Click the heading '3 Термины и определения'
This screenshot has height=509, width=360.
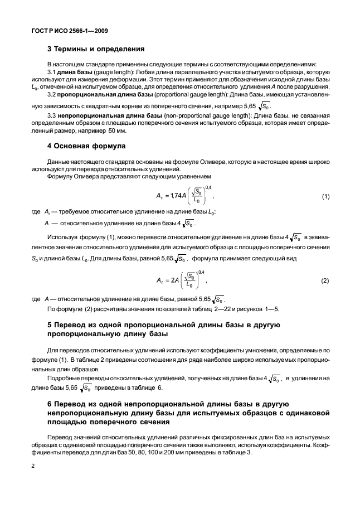pos(92,49)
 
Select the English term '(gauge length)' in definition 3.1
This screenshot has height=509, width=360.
pos(114,73)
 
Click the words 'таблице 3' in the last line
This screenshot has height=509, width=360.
pos(236,452)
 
